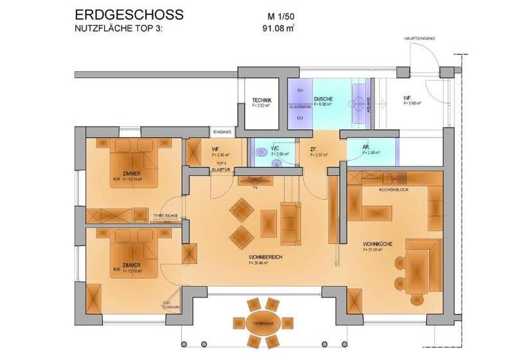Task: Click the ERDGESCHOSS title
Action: [129, 14]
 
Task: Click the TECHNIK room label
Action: [262, 100]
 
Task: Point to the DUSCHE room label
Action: [323, 100]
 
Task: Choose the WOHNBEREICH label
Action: [265, 257]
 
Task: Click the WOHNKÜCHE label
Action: [377, 244]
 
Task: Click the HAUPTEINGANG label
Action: [420, 39]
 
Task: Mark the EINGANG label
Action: [222, 132]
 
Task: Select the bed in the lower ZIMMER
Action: [134, 250]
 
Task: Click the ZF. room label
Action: [313, 150]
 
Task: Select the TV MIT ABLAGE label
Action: [165, 215]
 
